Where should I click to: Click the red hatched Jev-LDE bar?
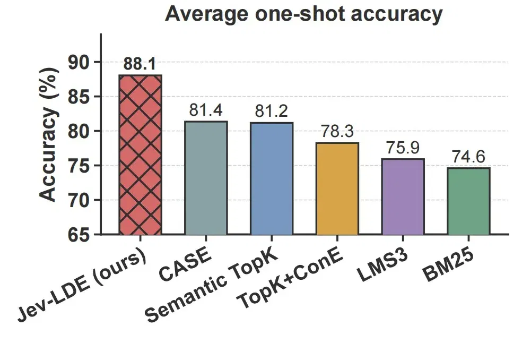(140, 155)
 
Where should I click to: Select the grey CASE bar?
(206, 178)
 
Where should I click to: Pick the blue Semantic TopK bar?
(272, 178)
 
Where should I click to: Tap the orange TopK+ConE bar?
(337, 188)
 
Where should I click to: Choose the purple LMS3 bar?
(403, 196)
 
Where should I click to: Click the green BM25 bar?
(468, 201)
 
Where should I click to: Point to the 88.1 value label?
(140, 64)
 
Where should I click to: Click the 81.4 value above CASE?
(206, 110)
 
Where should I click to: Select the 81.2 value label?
(271, 111)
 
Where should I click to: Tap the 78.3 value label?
(337, 131)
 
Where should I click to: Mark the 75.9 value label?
(403, 148)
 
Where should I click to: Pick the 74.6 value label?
(468, 157)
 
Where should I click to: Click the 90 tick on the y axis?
(79, 62)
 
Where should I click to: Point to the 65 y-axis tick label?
(79, 235)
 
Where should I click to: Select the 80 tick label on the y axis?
(79, 131)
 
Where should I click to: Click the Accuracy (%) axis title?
(49, 135)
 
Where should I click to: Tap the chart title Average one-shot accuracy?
(304, 14)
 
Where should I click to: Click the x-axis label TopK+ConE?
(290, 278)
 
